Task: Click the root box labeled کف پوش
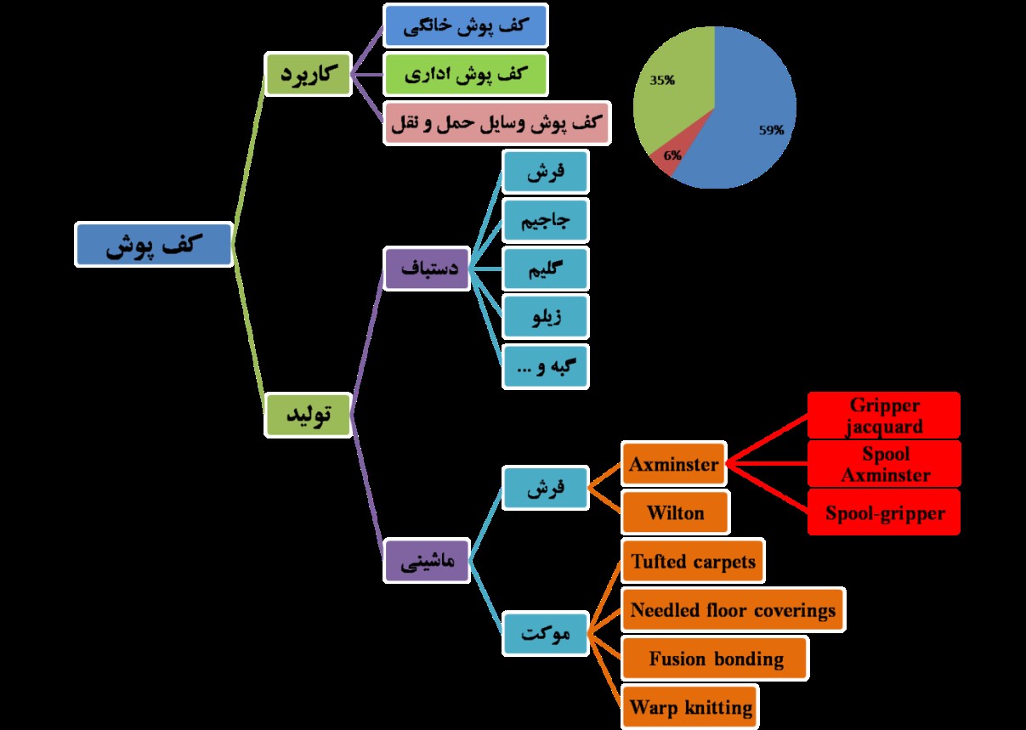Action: (154, 245)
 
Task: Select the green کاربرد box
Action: (308, 75)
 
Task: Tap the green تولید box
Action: (308, 415)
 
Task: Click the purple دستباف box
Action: (427, 269)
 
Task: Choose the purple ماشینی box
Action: (427, 559)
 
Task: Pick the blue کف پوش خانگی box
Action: (465, 25)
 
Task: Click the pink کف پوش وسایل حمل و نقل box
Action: (497, 123)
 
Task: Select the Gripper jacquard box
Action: (883, 415)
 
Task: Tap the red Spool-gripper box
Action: (883, 512)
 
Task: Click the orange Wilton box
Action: (675, 512)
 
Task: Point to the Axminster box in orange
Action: (674, 464)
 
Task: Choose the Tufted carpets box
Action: (693, 561)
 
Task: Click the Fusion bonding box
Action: (715, 659)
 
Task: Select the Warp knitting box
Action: (690, 706)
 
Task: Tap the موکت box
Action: (545, 633)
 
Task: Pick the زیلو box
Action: (545, 318)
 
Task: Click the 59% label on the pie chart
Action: (771, 130)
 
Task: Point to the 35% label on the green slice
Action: (662, 81)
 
